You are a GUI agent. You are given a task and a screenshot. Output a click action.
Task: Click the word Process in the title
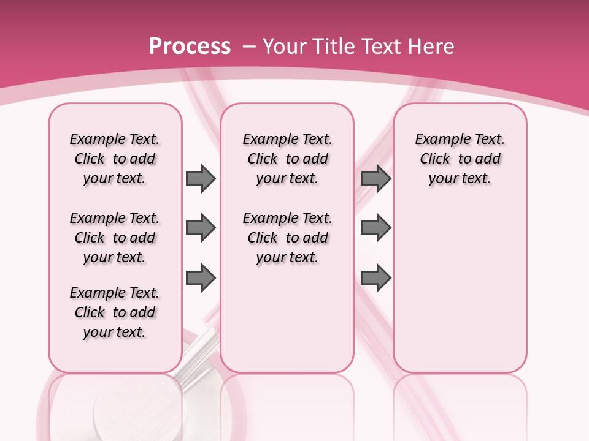pyautogui.click(x=190, y=47)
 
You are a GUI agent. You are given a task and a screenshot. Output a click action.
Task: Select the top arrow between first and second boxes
pyautogui.click(x=201, y=178)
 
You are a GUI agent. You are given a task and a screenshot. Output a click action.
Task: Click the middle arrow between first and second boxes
pyautogui.click(x=201, y=228)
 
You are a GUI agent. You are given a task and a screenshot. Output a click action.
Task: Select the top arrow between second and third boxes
pyautogui.click(x=376, y=178)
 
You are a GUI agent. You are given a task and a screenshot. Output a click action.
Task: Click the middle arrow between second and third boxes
pyautogui.click(x=376, y=228)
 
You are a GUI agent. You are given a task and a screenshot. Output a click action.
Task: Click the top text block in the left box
pyautogui.click(x=115, y=159)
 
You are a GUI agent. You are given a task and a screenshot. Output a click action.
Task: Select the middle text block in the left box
pyautogui.click(x=115, y=238)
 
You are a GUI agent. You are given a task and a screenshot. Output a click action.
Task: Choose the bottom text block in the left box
pyautogui.click(x=115, y=312)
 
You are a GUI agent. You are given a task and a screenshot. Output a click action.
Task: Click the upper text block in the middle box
pyautogui.click(x=288, y=159)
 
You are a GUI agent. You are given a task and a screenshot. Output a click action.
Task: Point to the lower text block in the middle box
pyautogui.click(x=288, y=238)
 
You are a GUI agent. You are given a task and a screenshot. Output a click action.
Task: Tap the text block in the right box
pyautogui.click(x=460, y=159)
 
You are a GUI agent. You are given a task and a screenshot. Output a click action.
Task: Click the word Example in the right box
pyautogui.click(x=438, y=140)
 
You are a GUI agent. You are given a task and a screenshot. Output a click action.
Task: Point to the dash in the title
pyautogui.click(x=249, y=47)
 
